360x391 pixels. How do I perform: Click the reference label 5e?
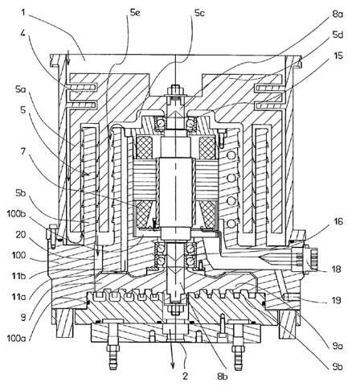tap(135, 13)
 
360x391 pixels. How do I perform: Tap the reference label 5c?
tap(199, 13)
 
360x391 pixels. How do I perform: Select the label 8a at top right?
tap(337, 14)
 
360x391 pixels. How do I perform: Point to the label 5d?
tap(337, 35)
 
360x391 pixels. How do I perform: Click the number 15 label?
tap(337, 56)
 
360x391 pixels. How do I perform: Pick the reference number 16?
tap(338, 222)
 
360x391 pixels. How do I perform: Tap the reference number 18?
tap(336, 269)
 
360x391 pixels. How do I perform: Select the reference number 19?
tap(336, 300)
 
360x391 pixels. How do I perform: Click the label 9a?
tap(337, 346)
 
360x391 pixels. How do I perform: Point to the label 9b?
tap(337, 367)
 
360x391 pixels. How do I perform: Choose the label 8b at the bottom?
tap(223, 377)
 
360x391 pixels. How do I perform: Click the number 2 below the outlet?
tap(186, 377)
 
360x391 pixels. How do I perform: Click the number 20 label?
tap(21, 235)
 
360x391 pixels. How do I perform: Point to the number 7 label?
tap(23, 152)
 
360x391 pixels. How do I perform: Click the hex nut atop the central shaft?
tap(175, 90)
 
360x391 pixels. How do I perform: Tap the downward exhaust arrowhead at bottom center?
tap(173, 364)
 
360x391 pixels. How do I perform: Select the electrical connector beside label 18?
tap(308, 258)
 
